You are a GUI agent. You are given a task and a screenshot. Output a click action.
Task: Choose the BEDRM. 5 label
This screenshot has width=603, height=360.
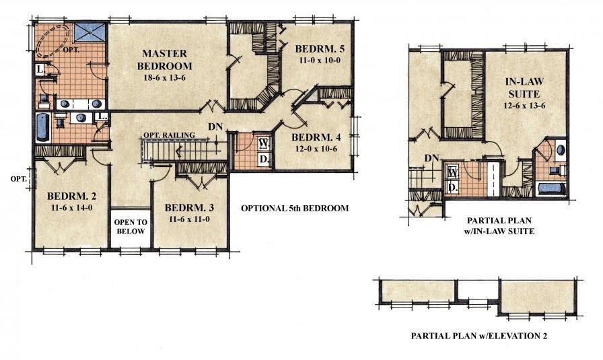[318, 48]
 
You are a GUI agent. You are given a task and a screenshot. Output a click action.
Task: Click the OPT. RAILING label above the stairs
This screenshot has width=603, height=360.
[168, 135]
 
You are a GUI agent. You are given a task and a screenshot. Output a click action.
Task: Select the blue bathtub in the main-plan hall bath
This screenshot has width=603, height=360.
[42, 127]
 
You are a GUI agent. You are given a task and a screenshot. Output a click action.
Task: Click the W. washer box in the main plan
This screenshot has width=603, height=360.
[262, 144]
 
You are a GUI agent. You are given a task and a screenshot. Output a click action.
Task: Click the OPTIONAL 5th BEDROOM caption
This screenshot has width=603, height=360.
[295, 209]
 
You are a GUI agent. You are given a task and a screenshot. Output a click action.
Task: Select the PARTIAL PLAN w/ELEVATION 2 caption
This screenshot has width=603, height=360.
[478, 334]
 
